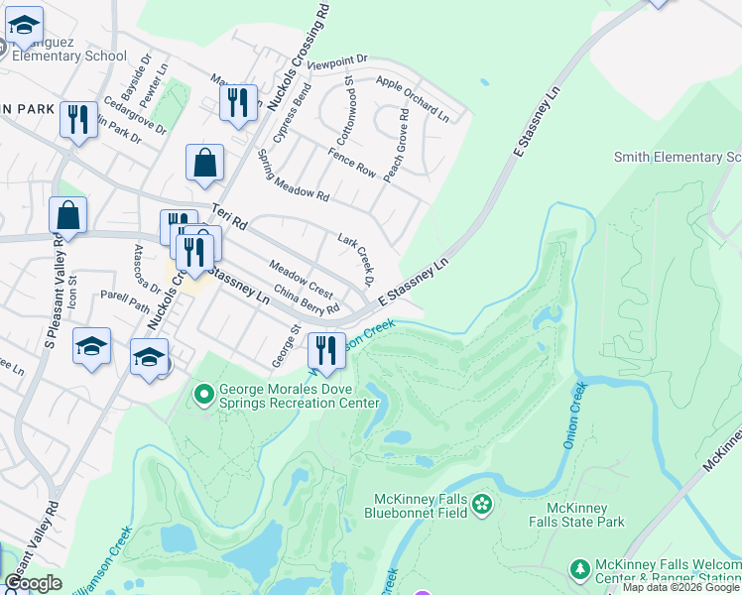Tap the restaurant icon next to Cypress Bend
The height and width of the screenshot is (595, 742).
[238, 102]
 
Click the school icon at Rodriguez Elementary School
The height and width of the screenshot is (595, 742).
[24, 27]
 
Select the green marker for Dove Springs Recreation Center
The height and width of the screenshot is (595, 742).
[204, 396]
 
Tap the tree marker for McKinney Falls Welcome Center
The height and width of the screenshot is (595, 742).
[580, 568]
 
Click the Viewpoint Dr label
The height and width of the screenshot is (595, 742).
[337, 62]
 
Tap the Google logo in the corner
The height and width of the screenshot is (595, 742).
[33, 583]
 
